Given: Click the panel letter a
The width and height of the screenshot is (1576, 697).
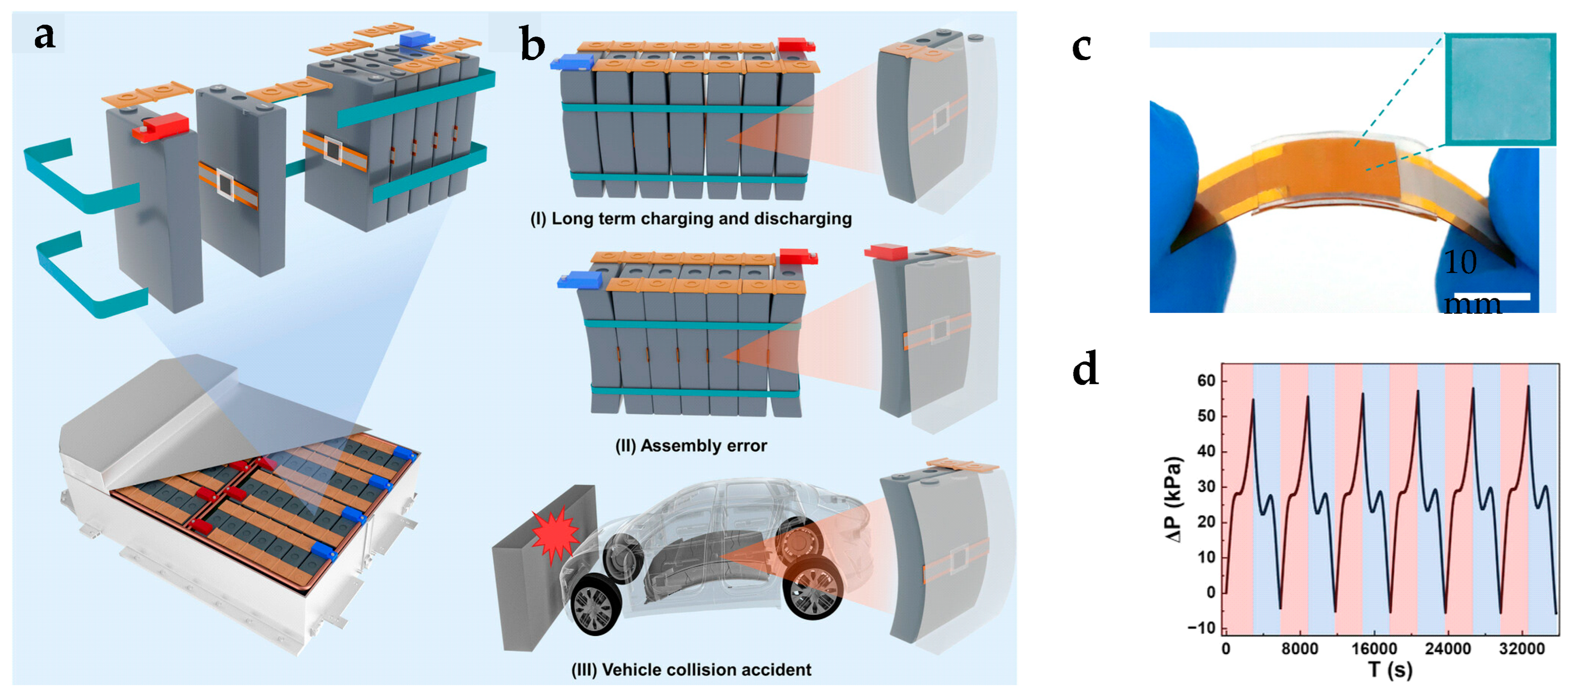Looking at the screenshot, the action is click(x=45, y=35).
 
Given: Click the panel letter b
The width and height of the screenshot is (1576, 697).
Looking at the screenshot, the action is click(x=532, y=44).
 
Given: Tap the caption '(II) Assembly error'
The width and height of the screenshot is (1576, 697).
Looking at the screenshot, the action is click(x=691, y=445).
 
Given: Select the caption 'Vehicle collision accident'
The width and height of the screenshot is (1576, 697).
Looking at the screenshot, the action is click(x=707, y=669).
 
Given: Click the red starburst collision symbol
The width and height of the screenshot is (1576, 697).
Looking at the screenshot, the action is click(x=555, y=537).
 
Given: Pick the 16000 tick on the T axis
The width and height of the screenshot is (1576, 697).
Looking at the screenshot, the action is click(x=1374, y=649).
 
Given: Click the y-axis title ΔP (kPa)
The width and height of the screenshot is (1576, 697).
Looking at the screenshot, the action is click(x=1173, y=499).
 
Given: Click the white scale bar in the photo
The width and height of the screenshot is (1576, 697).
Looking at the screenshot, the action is click(x=1492, y=296).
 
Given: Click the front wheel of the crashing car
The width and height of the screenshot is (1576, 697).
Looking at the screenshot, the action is click(x=595, y=604).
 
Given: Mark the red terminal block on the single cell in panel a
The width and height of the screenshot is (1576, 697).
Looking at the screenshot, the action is click(x=160, y=127).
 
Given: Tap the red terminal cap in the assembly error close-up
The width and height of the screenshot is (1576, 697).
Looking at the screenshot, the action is click(x=885, y=251).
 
